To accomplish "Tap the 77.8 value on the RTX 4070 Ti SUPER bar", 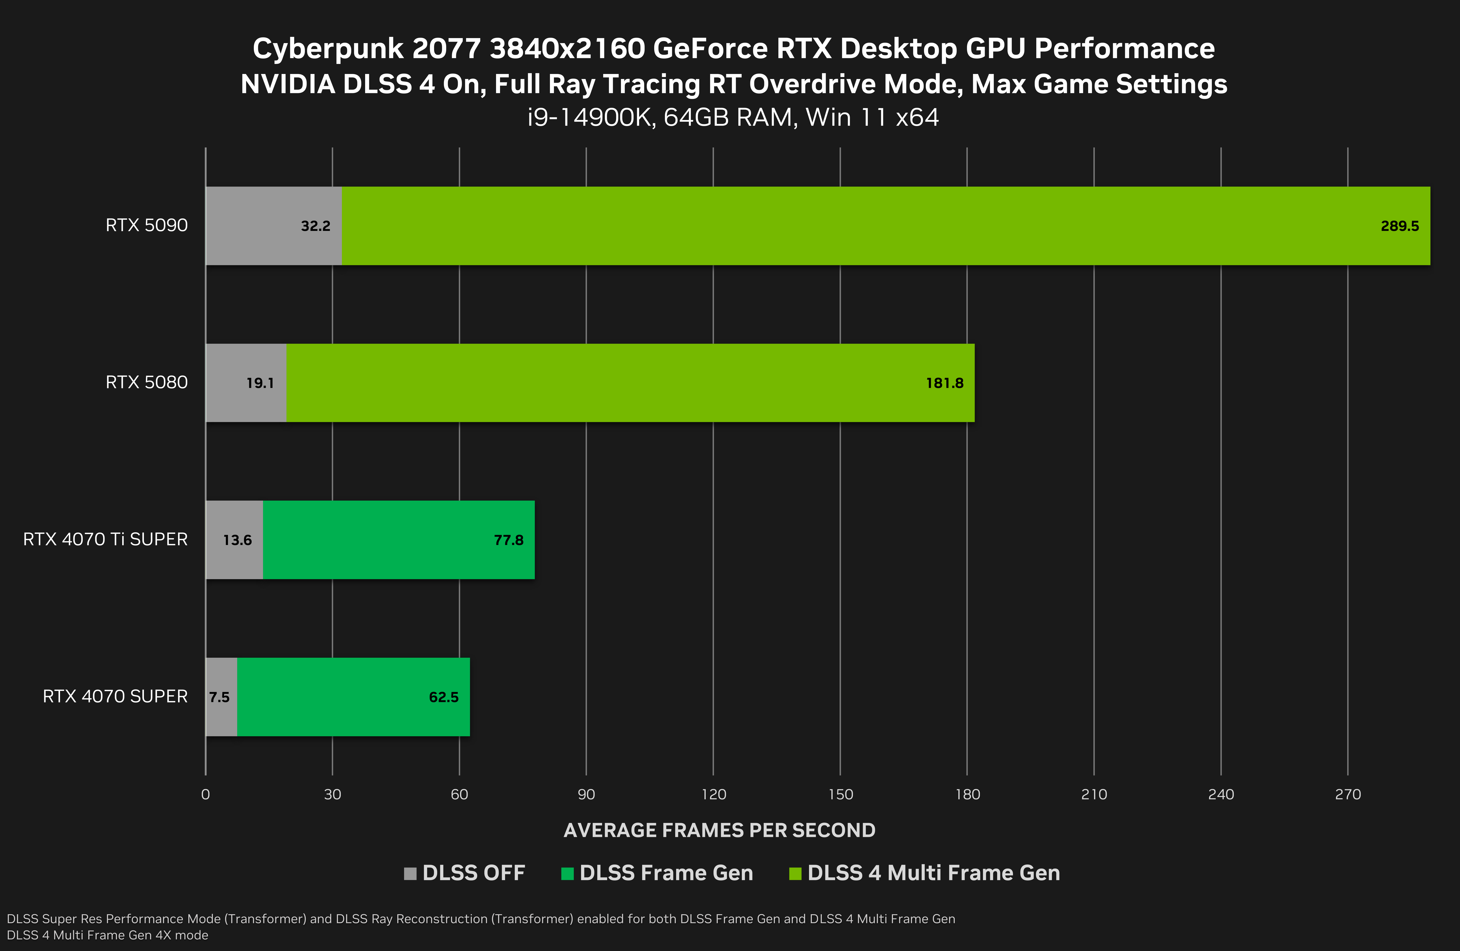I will [x=509, y=540].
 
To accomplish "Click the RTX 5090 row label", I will [x=147, y=226].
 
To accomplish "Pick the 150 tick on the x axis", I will [x=840, y=795].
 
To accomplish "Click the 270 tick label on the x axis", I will [x=1348, y=795].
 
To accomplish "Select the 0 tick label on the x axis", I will [x=205, y=795].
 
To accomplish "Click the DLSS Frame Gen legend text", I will [x=666, y=873].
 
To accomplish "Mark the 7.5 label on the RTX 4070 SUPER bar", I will [x=219, y=697].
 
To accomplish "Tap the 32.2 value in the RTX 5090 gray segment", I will [x=315, y=226].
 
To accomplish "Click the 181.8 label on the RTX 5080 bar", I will [x=945, y=383].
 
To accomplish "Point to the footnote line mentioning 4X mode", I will [x=107, y=935].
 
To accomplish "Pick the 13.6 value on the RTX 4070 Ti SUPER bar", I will [x=237, y=540].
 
